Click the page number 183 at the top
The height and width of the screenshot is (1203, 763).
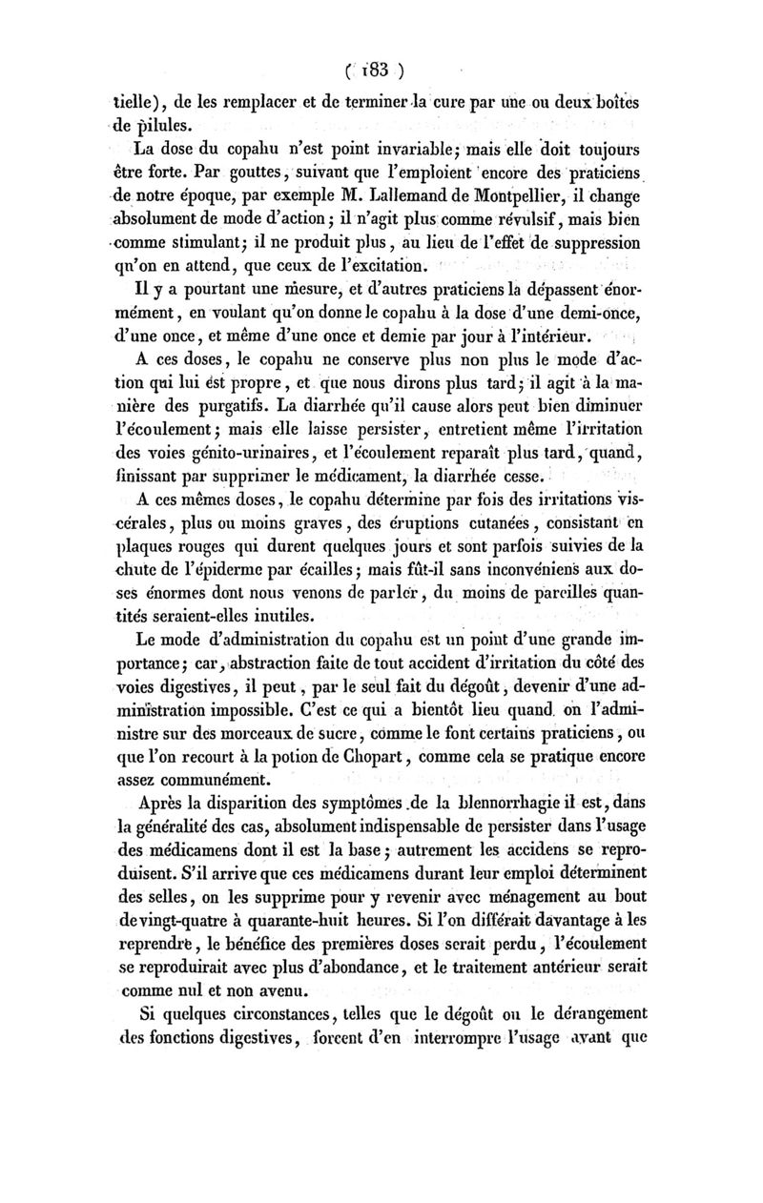pyautogui.click(x=375, y=68)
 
